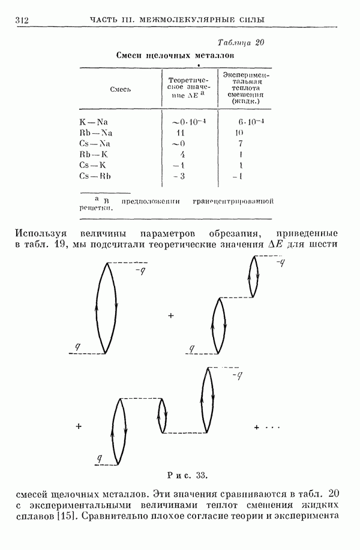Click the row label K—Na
[x=92, y=121]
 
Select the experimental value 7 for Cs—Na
[x=240, y=143]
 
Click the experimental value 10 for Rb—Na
[x=240, y=133]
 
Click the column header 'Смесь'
[x=120, y=89]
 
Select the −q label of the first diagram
[x=140, y=271]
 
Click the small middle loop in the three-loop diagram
[x=162, y=415]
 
